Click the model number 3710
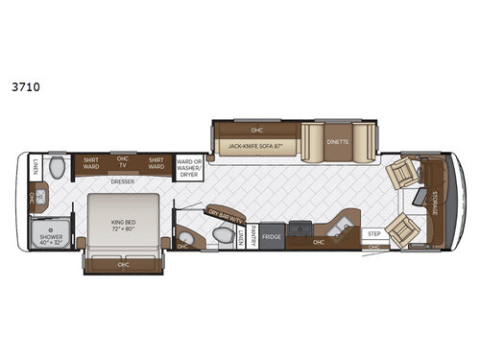[20, 84]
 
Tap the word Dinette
[337, 142]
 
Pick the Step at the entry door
[374, 233]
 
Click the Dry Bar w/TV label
[222, 216]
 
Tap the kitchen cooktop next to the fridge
[300, 229]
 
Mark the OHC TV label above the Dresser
[123, 161]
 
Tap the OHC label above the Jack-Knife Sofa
[256, 129]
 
